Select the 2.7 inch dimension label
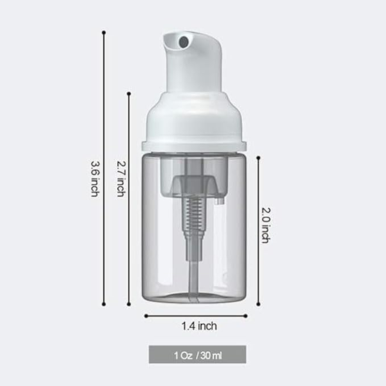coord(121,179)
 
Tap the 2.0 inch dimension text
coord(265,225)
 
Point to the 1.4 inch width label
coord(199,326)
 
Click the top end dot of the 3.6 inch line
coord(104,32)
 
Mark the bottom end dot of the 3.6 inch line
coord(104,304)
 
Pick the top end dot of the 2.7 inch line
coord(129,94)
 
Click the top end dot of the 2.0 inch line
coord(259,157)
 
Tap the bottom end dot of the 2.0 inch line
coord(259,304)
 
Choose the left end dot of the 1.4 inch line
coord(145,316)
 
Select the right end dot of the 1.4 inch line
coord(246,316)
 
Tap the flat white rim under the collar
coord(194,146)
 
